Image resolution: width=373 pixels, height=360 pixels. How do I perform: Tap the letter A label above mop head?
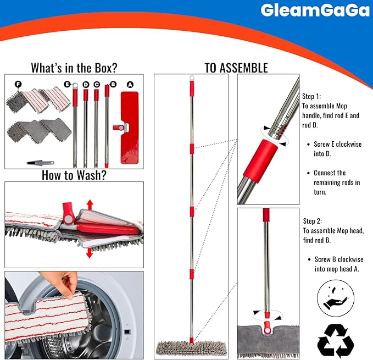130,85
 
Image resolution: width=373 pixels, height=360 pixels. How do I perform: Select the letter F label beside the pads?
18,84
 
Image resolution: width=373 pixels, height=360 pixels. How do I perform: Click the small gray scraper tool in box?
40,162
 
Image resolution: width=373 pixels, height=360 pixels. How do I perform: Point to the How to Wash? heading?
74,175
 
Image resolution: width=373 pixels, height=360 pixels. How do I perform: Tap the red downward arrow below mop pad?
88,252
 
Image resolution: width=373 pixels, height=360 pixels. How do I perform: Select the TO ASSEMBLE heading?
236,68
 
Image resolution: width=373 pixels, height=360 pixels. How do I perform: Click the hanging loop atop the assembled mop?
192,79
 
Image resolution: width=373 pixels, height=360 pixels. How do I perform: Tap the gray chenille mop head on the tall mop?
191,347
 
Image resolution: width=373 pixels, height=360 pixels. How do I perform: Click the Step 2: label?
314,222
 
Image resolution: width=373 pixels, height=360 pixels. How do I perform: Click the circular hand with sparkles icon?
336,299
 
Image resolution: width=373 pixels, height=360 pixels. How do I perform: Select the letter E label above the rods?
66,84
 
